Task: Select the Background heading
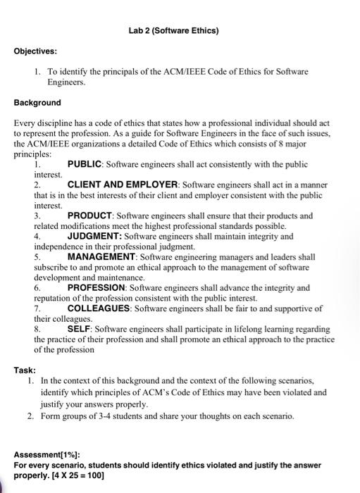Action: [38, 102]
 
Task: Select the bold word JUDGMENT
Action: [94, 237]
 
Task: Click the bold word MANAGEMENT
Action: [101, 256]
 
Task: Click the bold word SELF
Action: [80, 329]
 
